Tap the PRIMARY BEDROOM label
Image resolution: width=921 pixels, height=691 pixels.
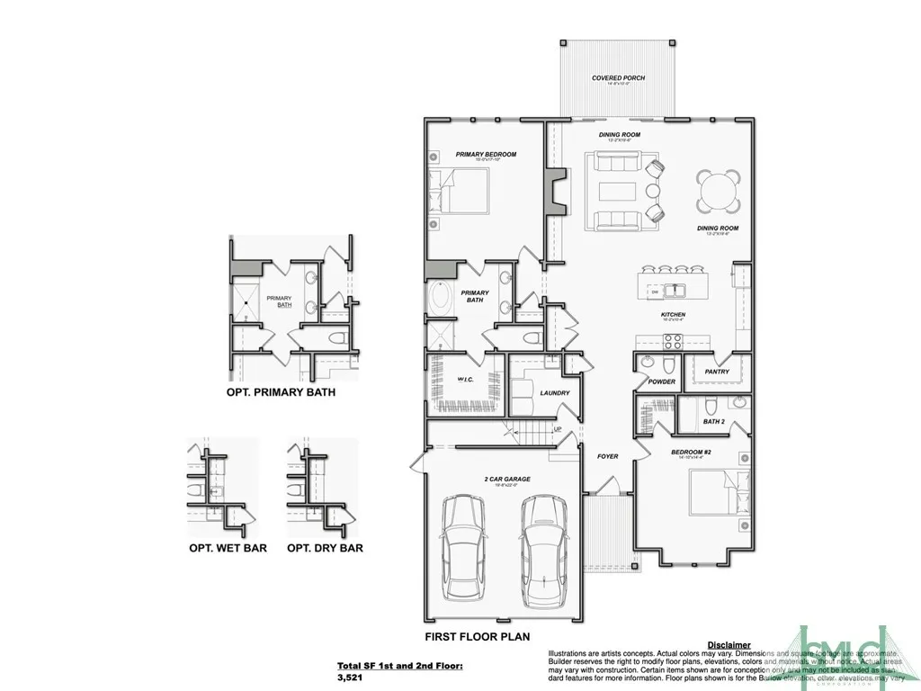[486, 155]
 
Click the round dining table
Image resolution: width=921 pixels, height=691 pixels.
[719, 190]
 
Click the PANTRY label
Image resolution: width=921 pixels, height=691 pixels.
[717, 371]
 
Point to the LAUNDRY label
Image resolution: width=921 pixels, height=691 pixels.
[530, 393]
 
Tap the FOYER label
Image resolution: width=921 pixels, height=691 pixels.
[608, 456]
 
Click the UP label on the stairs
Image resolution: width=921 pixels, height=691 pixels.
[557, 429]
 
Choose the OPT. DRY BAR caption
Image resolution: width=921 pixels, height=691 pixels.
[325, 547]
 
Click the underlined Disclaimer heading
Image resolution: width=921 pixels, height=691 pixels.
[729, 645]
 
